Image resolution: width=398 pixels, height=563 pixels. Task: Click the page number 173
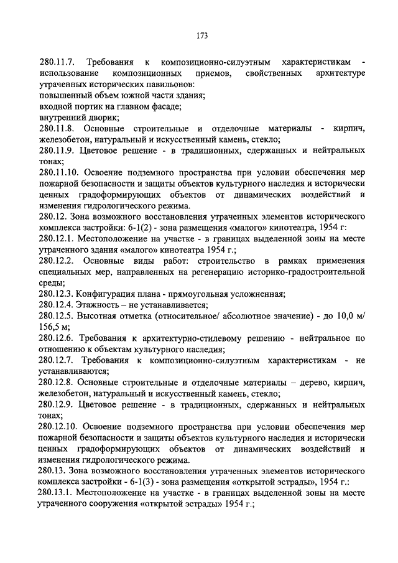tap(200, 35)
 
